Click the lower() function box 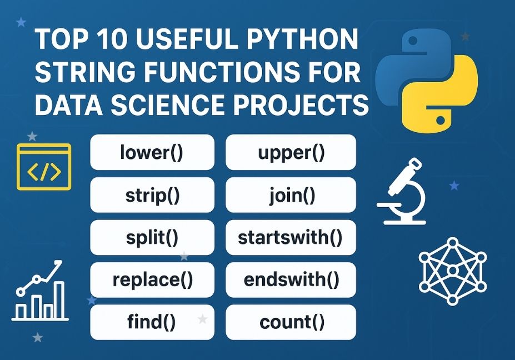click(152, 152)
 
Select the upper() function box click(291, 152)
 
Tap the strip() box click(152, 195)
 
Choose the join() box click(291, 195)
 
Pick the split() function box click(152, 237)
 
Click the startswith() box click(291, 237)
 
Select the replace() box click(152, 280)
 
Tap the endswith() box click(291, 280)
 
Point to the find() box click(152, 322)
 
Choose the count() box click(291, 322)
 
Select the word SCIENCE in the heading click(169, 104)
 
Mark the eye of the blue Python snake click(413, 41)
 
